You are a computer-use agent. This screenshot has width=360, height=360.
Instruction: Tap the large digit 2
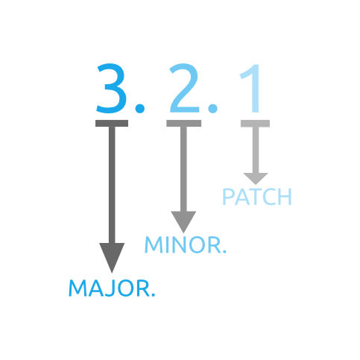(x=184, y=88)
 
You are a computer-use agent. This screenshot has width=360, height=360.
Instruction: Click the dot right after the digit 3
(x=140, y=108)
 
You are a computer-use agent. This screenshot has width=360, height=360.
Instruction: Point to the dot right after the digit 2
(x=212, y=108)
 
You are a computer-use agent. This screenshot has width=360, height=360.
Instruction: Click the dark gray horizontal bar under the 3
(x=112, y=124)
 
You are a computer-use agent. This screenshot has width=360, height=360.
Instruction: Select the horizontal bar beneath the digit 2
(x=184, y=124)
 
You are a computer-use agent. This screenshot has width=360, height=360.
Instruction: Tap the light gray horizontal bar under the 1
(x=255, y=124)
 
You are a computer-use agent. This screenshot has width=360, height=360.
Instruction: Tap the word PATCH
(x=257, y=197)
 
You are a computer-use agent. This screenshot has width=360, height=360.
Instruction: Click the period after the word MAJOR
(x=153, y=294)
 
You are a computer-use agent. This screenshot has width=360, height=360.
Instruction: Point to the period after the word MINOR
(x=224, y=251)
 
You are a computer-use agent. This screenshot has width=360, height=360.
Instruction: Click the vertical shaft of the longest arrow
(x=112, y=185)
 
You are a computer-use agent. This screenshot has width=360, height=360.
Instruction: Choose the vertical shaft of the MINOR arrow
(x=183, y=169)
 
